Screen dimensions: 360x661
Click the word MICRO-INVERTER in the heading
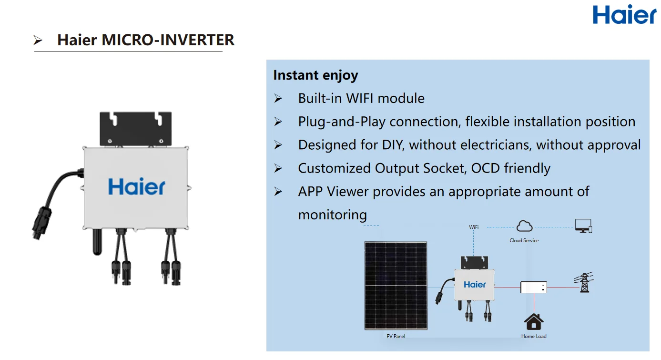click(x=168, y=40)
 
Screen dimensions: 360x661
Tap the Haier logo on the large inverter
click(x=137, y=186)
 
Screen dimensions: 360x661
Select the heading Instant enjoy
click(x=315, y=75)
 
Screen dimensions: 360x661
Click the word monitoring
click(x=332, y=215)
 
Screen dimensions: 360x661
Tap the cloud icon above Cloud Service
click(x=524, y=226)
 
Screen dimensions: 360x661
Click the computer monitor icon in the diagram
click(x=583, y=226)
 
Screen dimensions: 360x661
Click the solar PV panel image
click(x=396, y=285)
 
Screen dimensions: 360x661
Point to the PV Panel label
click(x=396, y=337)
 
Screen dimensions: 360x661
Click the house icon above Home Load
click(x=534, y=322)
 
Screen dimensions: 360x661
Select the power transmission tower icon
click(x=585, y=282)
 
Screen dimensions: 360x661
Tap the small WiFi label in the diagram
click(x=474, y=227)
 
